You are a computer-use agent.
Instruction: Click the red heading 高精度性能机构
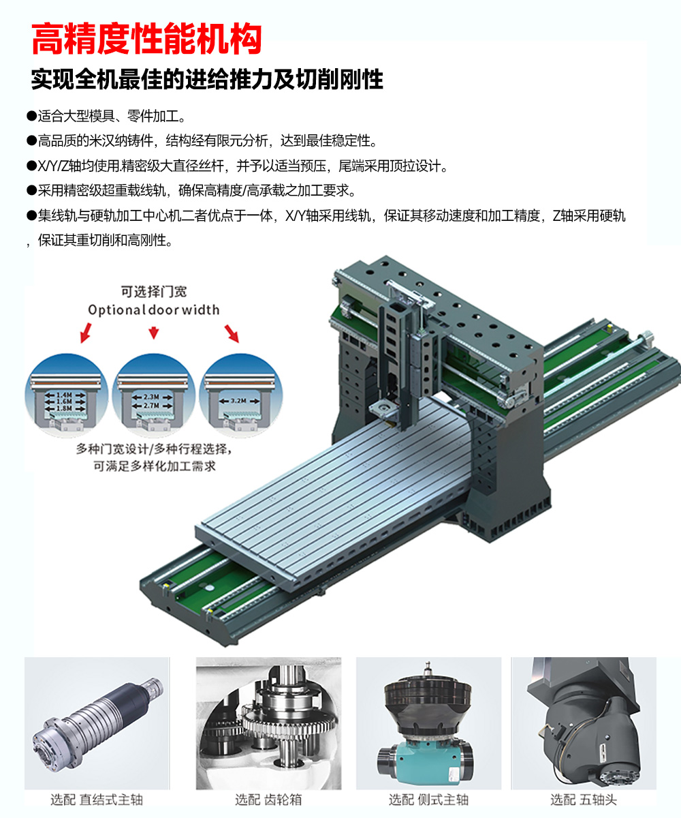pos(146,38)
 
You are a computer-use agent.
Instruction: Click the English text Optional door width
pos(153,310)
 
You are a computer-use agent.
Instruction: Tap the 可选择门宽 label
pos(154,292)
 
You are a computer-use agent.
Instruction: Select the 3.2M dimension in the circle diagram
pos(239,401)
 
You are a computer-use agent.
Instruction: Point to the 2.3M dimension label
pos(151,397)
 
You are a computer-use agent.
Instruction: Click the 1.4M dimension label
pos(65,395)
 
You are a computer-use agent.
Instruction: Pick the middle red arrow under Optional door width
pos(154,332)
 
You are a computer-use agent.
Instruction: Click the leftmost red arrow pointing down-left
pos(86,333)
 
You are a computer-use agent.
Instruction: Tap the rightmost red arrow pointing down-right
pos(232,333)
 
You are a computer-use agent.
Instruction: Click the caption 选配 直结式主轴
pos(97,800)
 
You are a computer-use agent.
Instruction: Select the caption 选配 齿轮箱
pos(268,800)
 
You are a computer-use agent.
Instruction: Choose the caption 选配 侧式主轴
pos(428,800)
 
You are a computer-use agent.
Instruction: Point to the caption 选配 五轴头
pos(584,800)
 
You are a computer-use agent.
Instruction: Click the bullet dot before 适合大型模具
pos(31,116)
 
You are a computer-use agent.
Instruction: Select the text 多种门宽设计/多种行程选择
pos(153,449)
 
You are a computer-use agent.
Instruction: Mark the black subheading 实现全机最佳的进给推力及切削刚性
pos(207,80)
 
